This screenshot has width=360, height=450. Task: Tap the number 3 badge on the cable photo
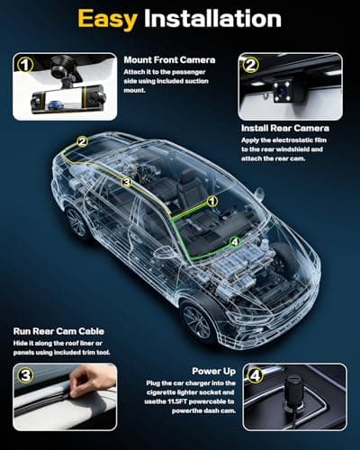point(27,374)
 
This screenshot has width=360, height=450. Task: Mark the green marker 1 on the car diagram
point(212,201)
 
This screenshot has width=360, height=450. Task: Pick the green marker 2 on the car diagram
point(83,141)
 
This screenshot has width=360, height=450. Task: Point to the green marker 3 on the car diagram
point(126,183)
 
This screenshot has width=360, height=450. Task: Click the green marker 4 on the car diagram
point(234,241)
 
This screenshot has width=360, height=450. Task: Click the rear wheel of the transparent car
point(76,221)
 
